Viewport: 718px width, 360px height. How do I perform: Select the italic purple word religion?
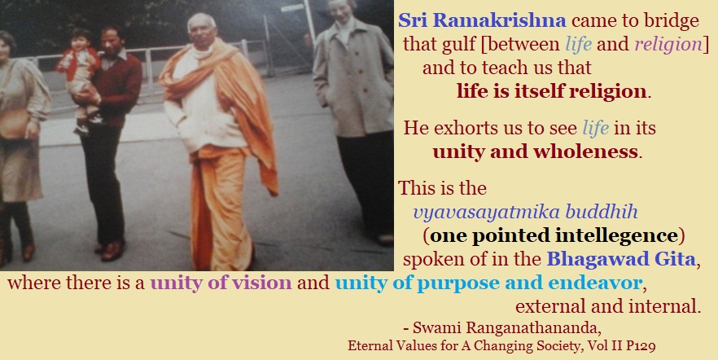click(x=668, y=45)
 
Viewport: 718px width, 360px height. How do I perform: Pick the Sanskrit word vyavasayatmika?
click(x=487, y=213)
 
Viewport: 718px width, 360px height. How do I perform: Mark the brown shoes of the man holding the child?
click(x=111, y=250)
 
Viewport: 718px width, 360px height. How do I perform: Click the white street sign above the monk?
click(x=292, y=8)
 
